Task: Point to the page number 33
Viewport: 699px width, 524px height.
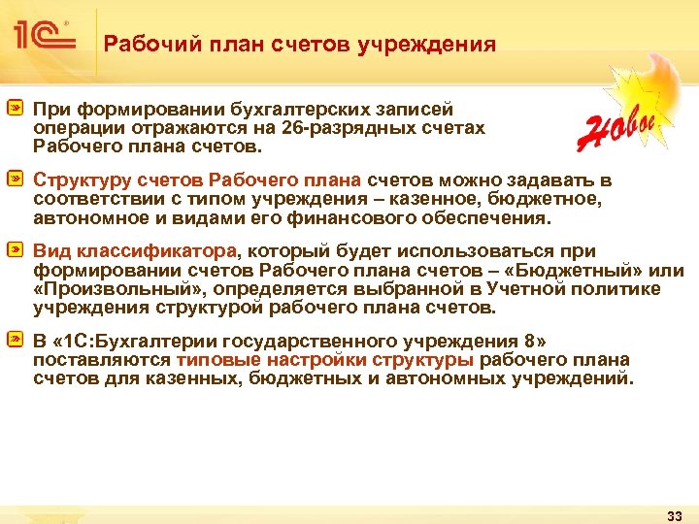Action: (x=676, y=513)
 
